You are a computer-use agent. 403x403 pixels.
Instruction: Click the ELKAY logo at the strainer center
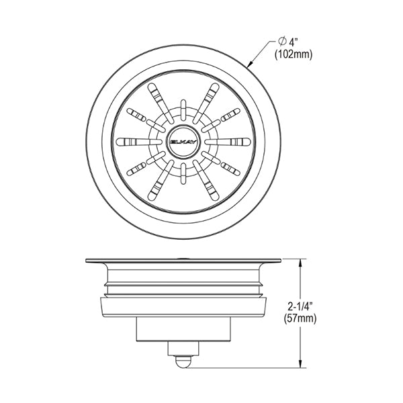(x=183, y=142)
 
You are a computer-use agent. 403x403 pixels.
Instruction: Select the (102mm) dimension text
(x=294, y=54)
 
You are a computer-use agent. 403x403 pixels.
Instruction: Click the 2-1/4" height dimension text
(x=300, y=306)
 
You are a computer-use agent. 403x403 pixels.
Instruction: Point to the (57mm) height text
(x=300, y=318)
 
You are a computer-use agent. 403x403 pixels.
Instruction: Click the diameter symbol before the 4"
(x=283, y=41)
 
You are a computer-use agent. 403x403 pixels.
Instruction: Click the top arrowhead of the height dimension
(x=300, y=263)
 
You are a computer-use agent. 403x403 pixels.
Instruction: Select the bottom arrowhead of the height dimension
(x=300, y=363)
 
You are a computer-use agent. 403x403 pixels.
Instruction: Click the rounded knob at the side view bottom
(x=183, y=361)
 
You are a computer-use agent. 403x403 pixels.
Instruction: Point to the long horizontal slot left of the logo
(x=139, y=142)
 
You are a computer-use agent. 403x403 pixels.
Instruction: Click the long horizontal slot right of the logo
(x=228, y=142)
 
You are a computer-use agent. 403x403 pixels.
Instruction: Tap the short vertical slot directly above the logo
(x=183, y=110)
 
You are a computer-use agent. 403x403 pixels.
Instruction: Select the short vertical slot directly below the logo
(x=183, y=173)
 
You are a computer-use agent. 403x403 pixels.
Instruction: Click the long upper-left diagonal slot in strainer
(x=161, y=103)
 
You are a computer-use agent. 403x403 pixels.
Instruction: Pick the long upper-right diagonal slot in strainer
(x=206, y=103)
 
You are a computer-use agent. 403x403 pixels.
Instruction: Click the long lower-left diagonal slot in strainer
(x=161, y=181)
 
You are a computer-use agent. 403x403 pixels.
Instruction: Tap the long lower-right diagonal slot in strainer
(x=206, y=181)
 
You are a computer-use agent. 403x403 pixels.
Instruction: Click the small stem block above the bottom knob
(x=183, y=349)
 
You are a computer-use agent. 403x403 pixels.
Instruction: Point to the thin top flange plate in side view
(x=183, y=261)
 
